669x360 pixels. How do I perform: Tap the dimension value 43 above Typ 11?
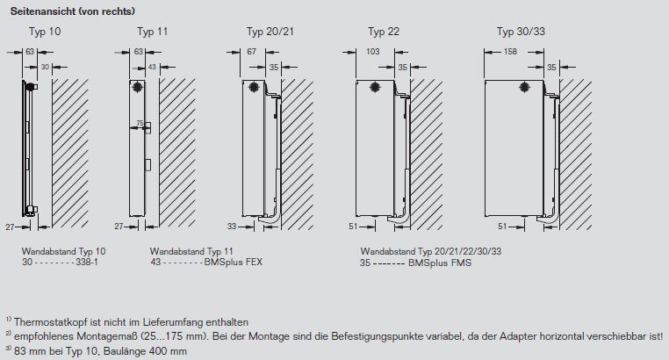pos(152,67)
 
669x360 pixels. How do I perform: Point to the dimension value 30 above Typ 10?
pos(45,67)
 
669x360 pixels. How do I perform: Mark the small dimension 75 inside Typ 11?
pos(139,124)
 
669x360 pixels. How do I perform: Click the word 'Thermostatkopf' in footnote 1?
pos(44,320)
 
